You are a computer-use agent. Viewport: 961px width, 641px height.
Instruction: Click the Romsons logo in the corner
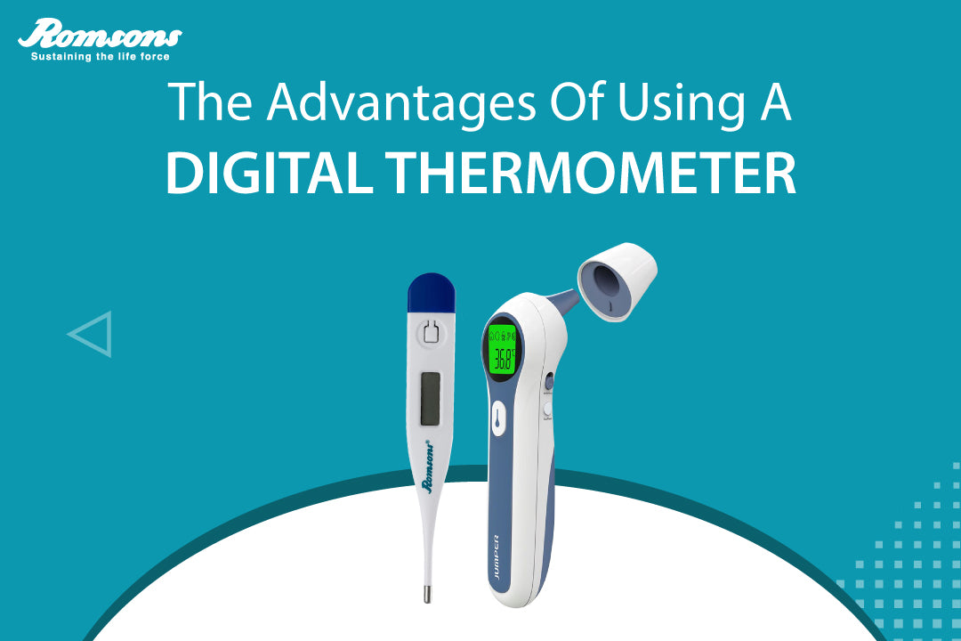tap(100, 36)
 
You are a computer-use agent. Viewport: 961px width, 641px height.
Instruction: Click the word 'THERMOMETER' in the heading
tap(592, 173)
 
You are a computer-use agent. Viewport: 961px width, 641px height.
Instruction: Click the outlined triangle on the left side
tap(93, 334)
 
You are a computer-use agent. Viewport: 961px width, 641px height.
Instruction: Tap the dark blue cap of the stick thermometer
tap(431, 292)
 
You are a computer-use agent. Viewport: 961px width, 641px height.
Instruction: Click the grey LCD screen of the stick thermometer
tap(431, 398)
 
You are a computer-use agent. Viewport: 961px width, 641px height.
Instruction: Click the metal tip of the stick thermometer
tap(428, 593)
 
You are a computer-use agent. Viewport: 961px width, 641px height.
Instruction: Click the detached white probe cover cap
tap(618, 280)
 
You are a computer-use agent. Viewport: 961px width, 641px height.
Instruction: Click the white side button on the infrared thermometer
tap(548, 408)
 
